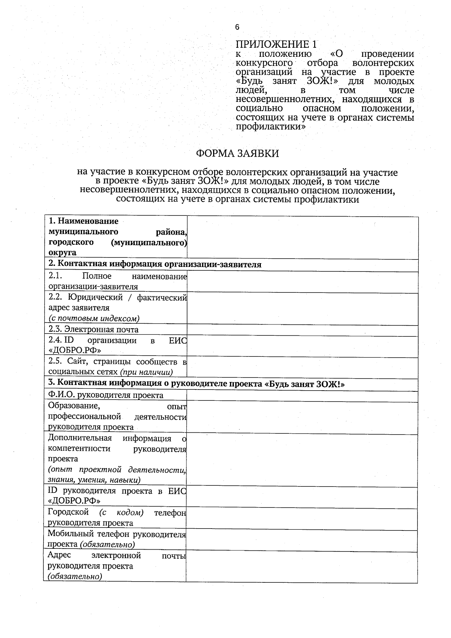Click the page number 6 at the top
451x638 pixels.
[x=237, y=27]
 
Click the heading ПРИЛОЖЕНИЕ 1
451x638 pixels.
[x=276, y=44]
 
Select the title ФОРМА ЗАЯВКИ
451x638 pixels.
[x=238, y=153]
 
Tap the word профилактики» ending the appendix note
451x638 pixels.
[x=271, y=127]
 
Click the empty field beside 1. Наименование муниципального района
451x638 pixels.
[x=303, y=237]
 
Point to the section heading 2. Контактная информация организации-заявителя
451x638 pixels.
[x=155, y=264]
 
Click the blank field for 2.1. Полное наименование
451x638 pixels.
[x=303, y=282]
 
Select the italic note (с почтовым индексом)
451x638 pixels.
[x=94, y=318]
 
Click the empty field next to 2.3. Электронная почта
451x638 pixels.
[x=303, y=330]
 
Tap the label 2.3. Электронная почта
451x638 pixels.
[x=94, y=329]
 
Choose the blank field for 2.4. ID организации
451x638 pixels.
[x=303, y=346]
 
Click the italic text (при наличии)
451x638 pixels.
[x=147, y=372]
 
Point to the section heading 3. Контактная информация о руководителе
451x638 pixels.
[x=197, y=384]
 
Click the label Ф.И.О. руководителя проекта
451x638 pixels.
[x=106, y=395]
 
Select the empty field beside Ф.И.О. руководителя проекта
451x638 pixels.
[x=303, y=396]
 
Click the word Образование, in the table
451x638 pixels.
[x=74, y=406]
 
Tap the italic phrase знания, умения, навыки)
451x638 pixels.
[x=94, y=480]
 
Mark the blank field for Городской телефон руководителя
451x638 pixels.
[x=302, y=519]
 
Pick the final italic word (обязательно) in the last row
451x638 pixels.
[x=75, y=576]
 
